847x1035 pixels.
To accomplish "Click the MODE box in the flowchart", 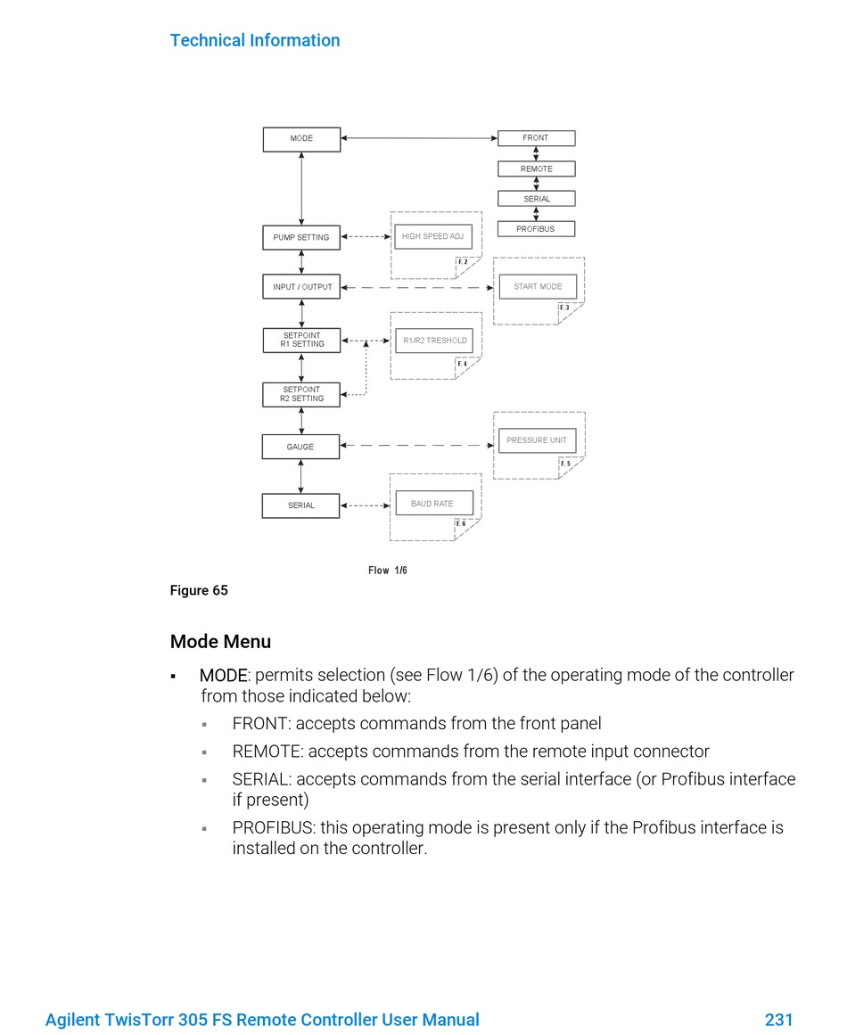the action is point(301,139).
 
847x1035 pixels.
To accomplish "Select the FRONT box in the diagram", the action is point(536,138).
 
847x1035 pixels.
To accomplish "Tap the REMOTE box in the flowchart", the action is point(536,169).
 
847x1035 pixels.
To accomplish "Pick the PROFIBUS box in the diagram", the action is point(536,229).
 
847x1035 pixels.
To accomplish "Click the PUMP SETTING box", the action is point(301,238).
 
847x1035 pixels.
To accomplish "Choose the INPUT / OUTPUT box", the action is point(301,287).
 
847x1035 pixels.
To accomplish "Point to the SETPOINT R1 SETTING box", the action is point(301,341).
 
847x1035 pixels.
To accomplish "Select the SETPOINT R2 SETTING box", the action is point(301,395).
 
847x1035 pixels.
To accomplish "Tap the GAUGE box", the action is point(301,447).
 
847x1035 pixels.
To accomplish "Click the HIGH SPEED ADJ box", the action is point(433,236).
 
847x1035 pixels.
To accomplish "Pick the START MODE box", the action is point(538,286).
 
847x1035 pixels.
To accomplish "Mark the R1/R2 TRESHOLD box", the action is point(434,341).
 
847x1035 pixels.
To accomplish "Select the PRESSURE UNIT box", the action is point(538,440).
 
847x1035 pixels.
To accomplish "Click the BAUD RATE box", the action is point(433,503).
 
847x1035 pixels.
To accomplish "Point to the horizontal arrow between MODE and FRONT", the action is point(419,138).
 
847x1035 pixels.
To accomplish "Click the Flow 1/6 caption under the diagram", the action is point(388,571).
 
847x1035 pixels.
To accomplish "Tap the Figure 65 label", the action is point(199,590).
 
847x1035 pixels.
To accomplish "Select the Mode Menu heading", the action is point(220,642).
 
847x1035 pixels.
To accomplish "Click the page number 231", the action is point(779,1020).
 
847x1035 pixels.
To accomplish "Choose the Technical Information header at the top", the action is point(255,40).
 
